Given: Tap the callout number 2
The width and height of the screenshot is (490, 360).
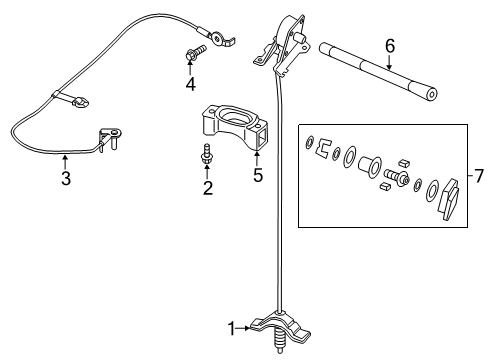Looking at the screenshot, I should (208, 187).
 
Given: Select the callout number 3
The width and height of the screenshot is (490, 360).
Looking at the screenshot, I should (65, 180).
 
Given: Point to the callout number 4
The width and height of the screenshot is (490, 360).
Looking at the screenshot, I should (190, 85).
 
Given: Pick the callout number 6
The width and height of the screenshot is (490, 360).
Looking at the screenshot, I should (390, 45).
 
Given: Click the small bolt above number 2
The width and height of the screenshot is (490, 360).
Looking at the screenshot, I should (207, 154).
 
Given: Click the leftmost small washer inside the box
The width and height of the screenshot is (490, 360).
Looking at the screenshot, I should (310, 139).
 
